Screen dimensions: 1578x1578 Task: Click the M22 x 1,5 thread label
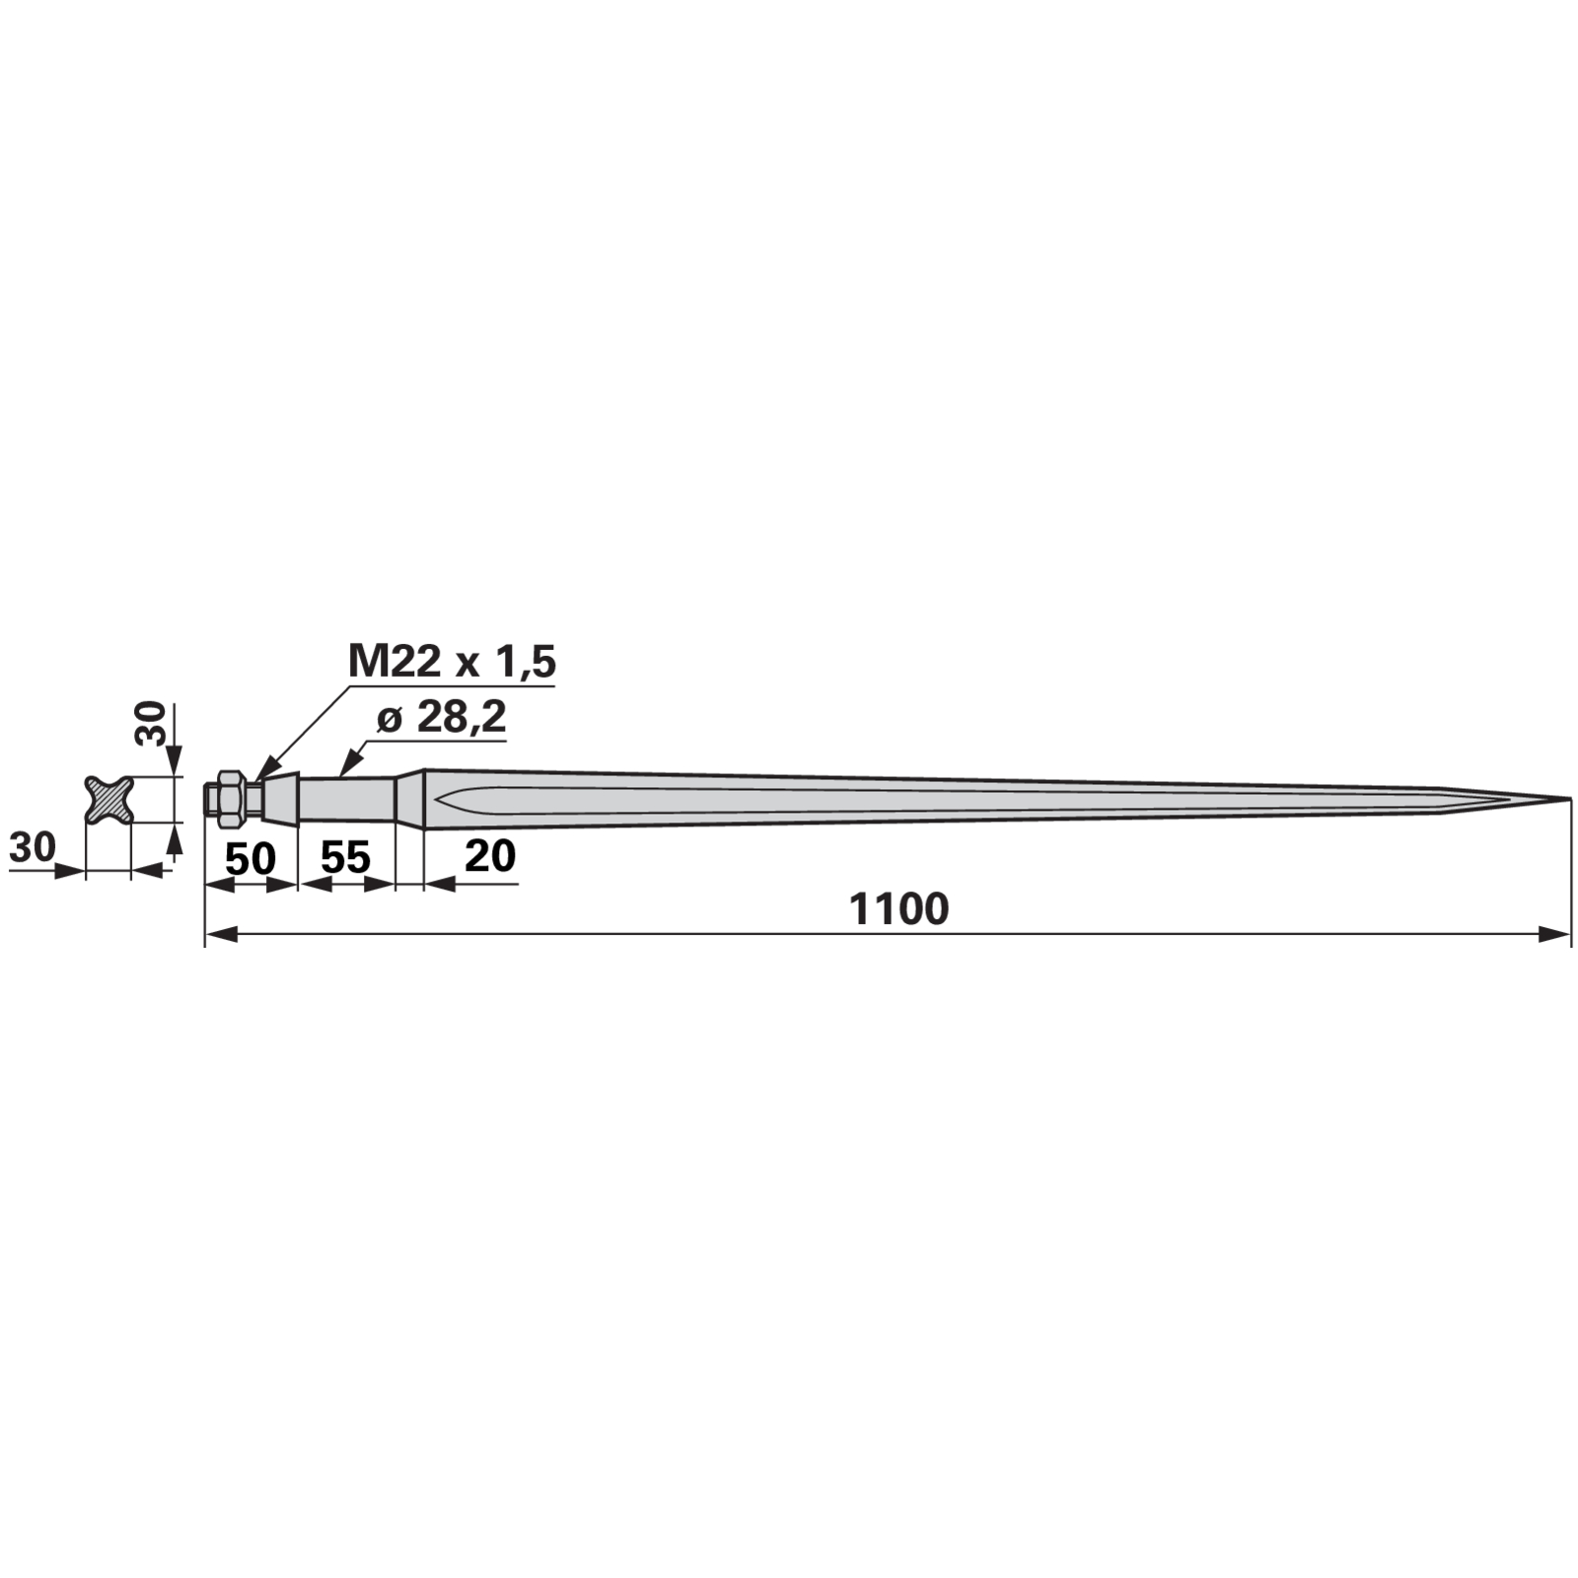(x=453, y=661)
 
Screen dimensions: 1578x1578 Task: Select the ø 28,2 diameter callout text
(x=442, y=718)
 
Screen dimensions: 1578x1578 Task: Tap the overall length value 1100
(x=898, y=909)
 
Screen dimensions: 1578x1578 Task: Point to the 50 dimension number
(x=251, y=859)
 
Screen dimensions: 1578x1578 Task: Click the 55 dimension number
(x=345, y=858)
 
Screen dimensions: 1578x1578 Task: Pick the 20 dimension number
(x=490, y=855)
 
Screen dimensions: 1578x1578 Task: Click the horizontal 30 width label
(x=33, y=846)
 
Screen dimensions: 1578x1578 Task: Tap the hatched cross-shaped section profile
(x=108, y=799)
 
